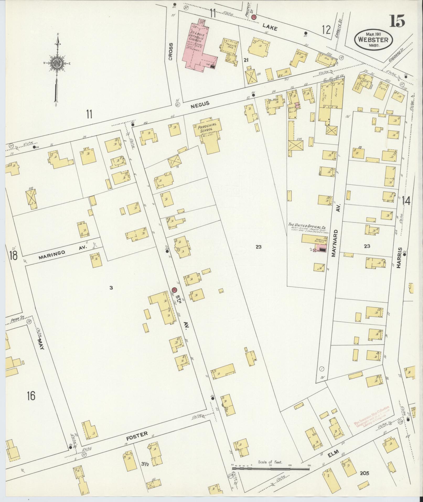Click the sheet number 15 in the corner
pyautogui.click(x=397, y=21)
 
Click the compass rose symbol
pyautogui.click(x=56, y=63)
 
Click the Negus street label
pyautogui.click(x=200, y=104)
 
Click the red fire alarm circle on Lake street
pyautogui.click(x=254, y=17)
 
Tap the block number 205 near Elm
pyautogui.click(x=364, y=473)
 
